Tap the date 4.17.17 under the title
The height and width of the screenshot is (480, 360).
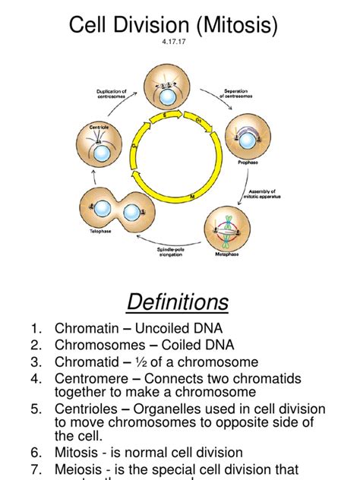pos(179,52)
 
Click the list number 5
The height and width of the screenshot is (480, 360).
pos(36,409)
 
